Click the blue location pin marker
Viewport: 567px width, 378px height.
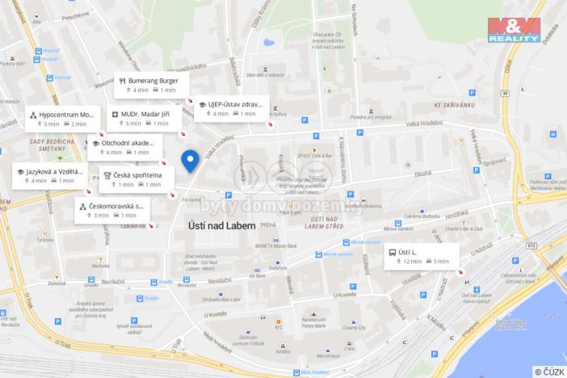191,160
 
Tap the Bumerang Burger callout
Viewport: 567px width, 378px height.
152,86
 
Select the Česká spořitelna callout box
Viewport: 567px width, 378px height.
134,178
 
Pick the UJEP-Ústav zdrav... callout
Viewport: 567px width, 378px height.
231,108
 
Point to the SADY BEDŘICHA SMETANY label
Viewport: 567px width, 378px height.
46,146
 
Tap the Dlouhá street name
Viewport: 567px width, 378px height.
422,172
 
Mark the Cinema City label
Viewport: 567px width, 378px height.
353,328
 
